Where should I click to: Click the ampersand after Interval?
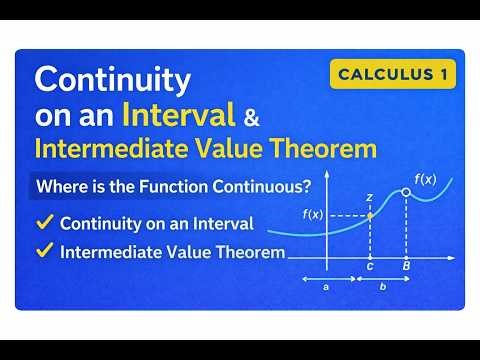click(251, 117)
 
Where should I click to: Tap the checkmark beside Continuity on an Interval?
click(44, 222)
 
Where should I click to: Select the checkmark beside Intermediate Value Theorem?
click(44, 252)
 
